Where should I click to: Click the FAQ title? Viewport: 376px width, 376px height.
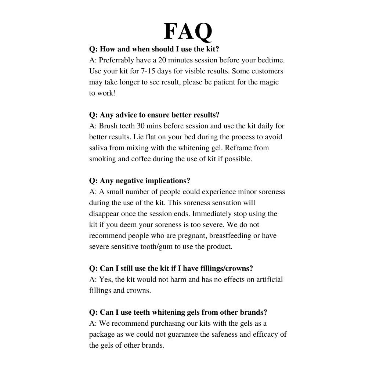click(x=188, y=32)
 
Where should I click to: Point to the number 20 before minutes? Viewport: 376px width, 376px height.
click(x=162, y=60)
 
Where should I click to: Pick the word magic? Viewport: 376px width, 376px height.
click(x=269, y=82)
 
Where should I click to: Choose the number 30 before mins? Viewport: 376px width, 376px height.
click(x=141, y=126)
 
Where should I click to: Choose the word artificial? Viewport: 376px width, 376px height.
click(x=270, y=279)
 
